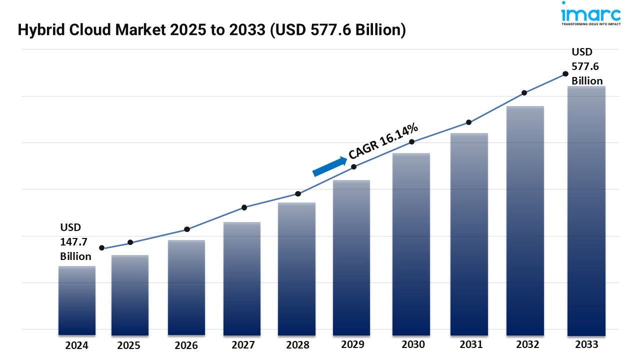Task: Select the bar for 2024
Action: (x=77, y=300)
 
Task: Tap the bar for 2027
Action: (x=242, y=278)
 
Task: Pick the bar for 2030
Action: (x=411, y=244)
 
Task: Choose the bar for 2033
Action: (x=586, y=210)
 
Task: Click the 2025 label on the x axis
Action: (x=129, y=345)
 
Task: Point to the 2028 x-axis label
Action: (x=297, y=345)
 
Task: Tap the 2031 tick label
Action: (x=470, y=344)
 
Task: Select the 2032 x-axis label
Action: (x=527, y=344)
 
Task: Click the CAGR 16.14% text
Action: (x=383, y=141)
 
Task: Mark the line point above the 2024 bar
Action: (x=102, y=248)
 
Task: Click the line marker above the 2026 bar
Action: (x=187, y=229)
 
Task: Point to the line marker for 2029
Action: (x=353, y=166)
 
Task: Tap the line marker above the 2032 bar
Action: (x=524, y=93)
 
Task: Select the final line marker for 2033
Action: (x=565, y=73)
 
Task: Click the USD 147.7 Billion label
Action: (x=75, y=242)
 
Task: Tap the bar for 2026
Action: (x=186, y=287)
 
